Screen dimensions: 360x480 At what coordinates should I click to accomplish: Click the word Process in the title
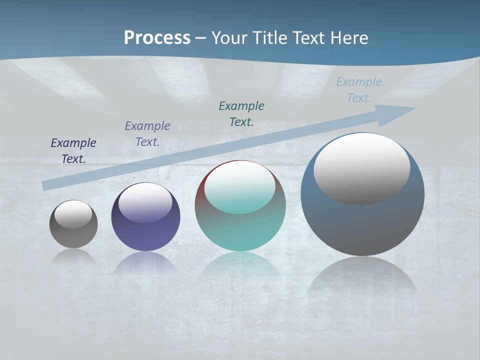point(157,38)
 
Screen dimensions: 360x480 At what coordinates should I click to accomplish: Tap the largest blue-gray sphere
point(362,225)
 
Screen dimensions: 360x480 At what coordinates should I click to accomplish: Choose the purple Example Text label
point(147,134)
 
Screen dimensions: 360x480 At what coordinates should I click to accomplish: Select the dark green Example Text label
point(241,114)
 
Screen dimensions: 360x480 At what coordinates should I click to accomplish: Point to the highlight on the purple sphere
point(145,203)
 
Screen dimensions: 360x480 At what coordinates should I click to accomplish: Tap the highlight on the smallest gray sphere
point(73,214)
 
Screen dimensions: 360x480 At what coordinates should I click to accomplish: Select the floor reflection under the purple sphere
point(145,262)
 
